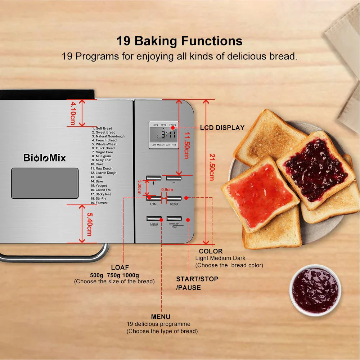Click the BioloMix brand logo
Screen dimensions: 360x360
(x=45, y=158)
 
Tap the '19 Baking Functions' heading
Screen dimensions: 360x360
(x=179, y=41)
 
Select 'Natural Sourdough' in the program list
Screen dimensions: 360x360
(x=110, y=136)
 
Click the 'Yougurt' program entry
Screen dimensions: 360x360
(x=101, y=185)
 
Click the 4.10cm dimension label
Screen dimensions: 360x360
(x=73, y=113)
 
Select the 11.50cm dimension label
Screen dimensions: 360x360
(x=186, y=144)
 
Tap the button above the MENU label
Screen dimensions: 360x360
(x=154, y=218)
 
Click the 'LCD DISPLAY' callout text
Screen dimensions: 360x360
(x=222, y=128)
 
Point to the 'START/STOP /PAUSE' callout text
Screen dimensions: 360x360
(x=197, y=283)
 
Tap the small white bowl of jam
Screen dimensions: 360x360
(x=315, y=290)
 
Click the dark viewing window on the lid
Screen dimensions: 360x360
(x=45, y=183)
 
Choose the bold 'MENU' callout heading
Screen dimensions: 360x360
(x=161, y=317)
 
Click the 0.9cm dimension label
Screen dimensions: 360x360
(x=167, y=190)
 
